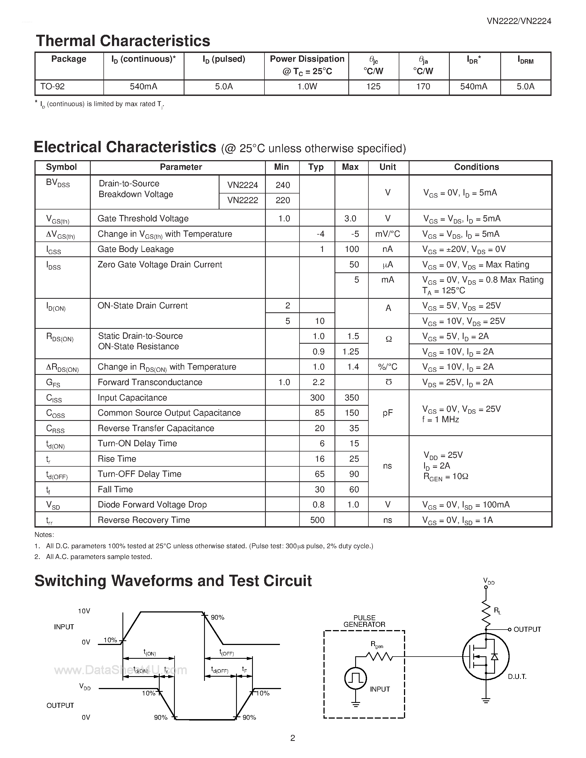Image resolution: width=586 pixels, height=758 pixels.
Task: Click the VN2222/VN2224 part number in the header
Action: tap(519, 21)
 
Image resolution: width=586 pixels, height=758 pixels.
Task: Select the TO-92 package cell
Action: tap(52, 87)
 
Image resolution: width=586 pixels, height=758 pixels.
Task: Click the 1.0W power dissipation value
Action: tap(307, 87)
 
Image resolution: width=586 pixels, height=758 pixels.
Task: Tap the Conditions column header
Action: tap(476, 167)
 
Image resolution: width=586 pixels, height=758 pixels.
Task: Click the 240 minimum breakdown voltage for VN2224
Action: tap(283, 185)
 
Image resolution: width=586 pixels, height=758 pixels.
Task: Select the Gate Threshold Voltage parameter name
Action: tap(143, 218)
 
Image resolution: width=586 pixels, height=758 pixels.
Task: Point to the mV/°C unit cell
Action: tap(387, 234)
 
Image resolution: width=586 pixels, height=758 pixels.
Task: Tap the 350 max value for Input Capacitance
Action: tap(351, 397)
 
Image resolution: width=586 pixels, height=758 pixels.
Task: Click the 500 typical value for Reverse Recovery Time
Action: tap(317, 520)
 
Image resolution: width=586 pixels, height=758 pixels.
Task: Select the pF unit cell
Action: tap(387, 413)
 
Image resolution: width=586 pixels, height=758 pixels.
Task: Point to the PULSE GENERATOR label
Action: tap(364, 621)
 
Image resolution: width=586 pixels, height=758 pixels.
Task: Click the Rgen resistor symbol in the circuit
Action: tap(379, 656)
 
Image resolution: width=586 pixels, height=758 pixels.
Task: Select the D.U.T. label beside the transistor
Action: tap(517, 677)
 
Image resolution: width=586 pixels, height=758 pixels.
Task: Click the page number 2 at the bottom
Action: tap(293, 738)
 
